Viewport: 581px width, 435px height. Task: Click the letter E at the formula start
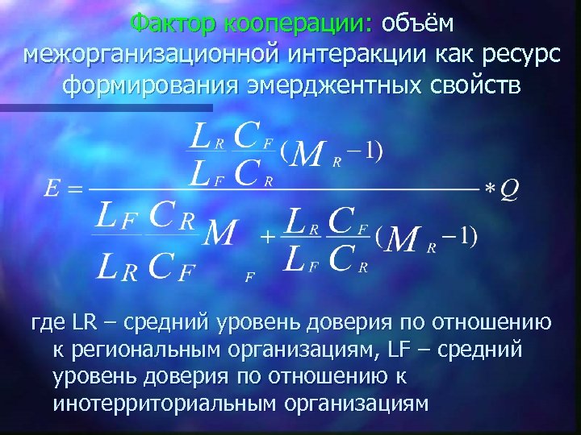point(52,190)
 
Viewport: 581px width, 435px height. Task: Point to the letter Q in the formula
point(510,189)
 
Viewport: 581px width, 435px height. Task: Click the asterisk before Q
point(490,190)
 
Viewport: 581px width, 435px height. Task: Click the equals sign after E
point(74,191)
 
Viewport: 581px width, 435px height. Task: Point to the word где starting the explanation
point(46,324)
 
